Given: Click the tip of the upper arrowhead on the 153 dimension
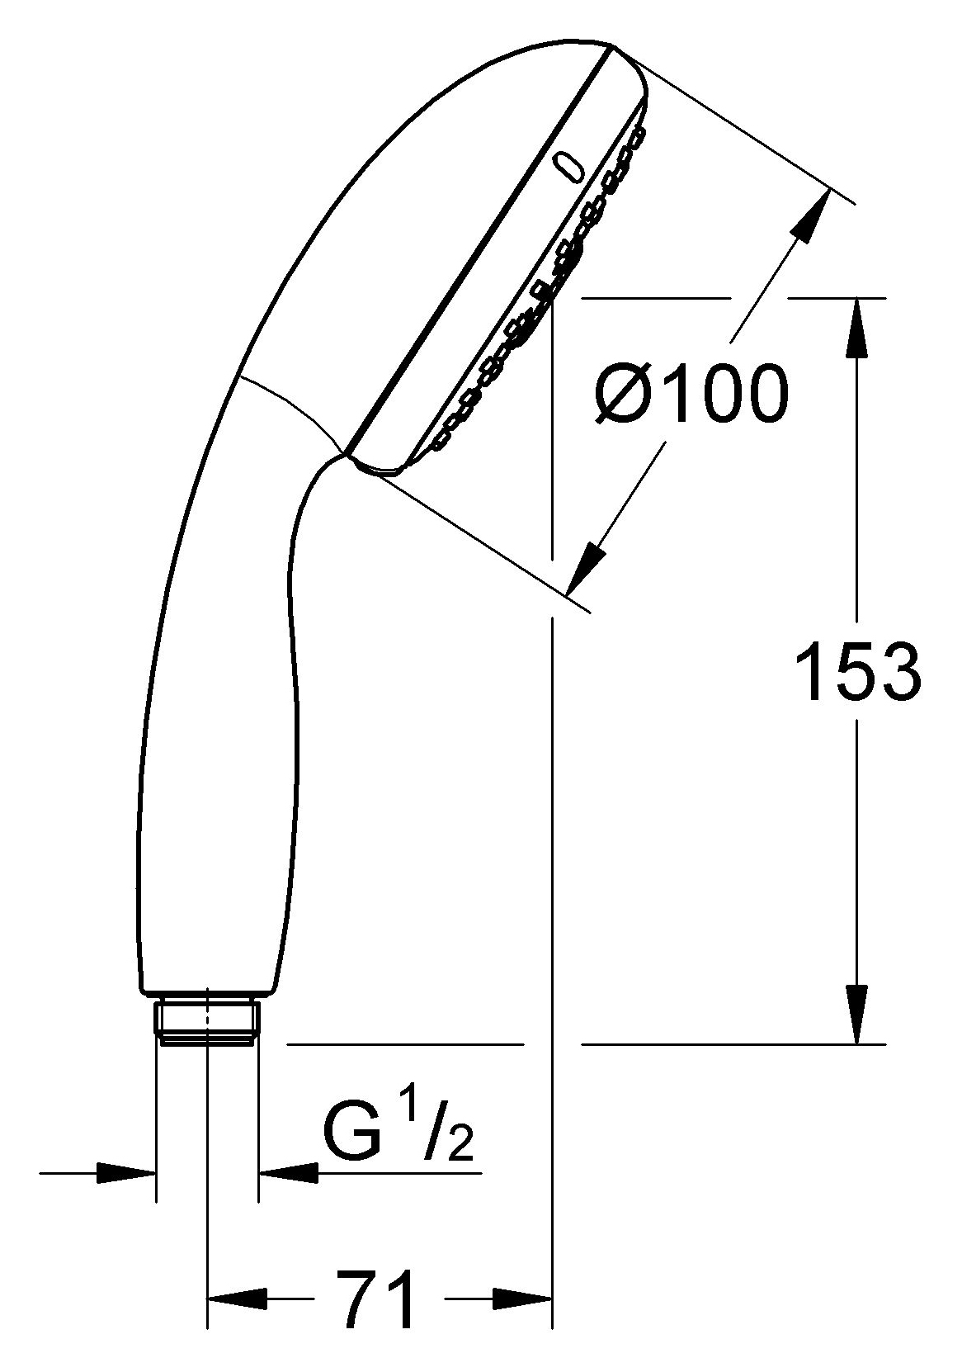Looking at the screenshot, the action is [x=856, y=299].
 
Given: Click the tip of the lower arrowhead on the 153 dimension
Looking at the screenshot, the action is [x=856, y=1043].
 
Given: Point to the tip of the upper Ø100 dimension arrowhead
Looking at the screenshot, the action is [x=831, y=191].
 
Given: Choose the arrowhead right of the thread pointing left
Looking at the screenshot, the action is [x=289, y=1174].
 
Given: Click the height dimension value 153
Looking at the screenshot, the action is [x=858, y=670].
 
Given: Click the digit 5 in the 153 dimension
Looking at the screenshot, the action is [x=858, y=670].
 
